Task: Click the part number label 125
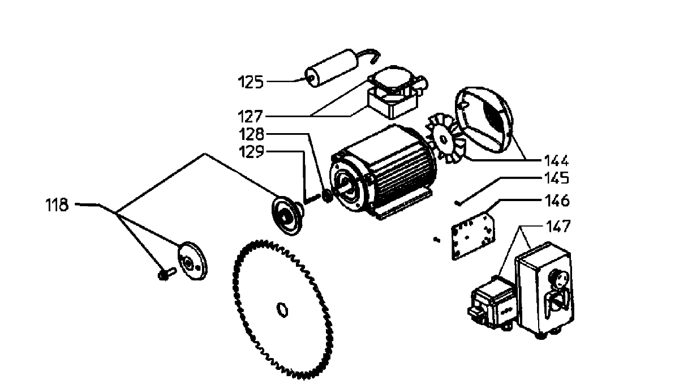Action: (250, 82)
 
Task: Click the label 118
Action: (57, 204)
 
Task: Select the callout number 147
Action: (556, 227)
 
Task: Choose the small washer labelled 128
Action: (326, 198)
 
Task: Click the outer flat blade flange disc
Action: (192, 261)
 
